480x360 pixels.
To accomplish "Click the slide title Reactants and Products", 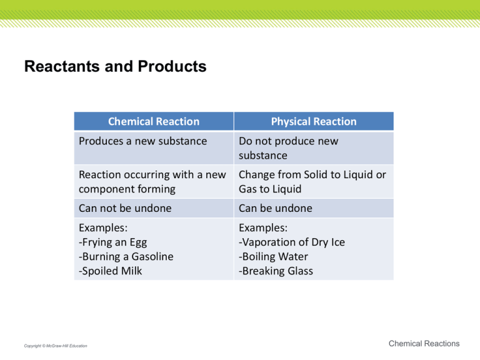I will click(115, 67).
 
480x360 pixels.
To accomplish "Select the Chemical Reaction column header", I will click(153, 121).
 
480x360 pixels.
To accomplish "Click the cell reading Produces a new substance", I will click(142, 141).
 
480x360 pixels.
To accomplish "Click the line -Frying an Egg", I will click(114, 242).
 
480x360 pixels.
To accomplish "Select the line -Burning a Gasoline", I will click(126, 256).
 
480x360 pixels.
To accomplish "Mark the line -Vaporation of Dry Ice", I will click(291, 242).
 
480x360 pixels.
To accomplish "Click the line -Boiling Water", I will click(273, 256).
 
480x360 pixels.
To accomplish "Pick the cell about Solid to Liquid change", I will click(312, 182).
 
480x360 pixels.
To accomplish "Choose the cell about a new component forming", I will click(151, 182).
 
